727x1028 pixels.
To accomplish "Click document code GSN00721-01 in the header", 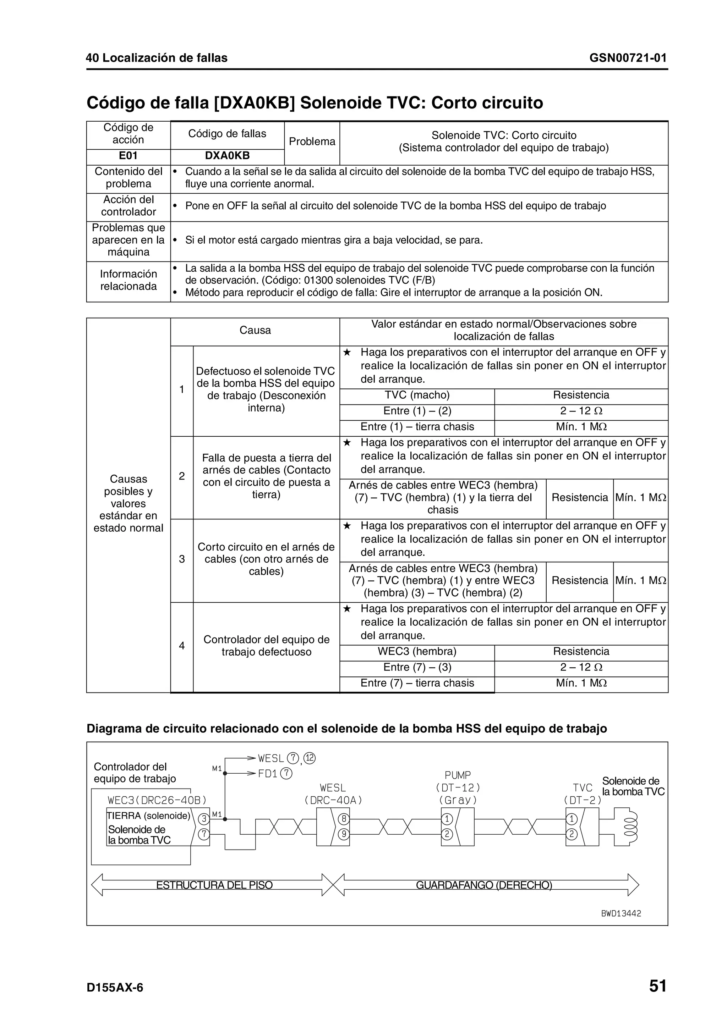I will click(628, 58).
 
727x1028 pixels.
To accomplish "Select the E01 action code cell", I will click(128, 156).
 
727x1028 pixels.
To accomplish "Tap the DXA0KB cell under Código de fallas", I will click(227, 156).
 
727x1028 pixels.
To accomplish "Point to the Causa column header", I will click(255, 331).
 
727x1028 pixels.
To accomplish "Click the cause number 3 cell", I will click(182, 559).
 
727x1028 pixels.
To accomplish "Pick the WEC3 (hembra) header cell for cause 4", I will click(417, 651).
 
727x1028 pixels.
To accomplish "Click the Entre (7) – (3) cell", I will click(417, 667).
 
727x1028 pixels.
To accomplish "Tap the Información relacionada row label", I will click(128, 280).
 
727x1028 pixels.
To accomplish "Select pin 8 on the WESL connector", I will click(344, 819).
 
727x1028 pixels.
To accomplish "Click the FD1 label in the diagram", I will click(268, 774).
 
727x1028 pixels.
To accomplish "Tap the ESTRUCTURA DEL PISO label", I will click(214, 885).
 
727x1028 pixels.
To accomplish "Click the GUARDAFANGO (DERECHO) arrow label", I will click(484, 885).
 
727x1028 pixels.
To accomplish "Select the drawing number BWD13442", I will click(621, 913).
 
